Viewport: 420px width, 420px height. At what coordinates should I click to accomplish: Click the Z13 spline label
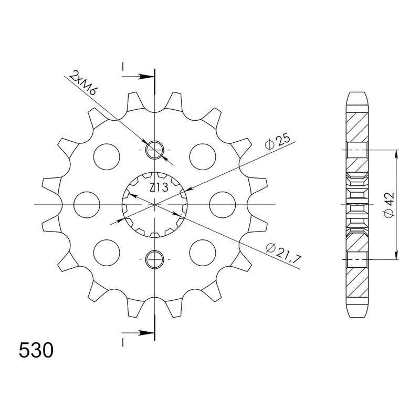(x=159, y=187)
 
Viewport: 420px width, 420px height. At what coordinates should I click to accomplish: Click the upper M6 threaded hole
(x=154, y=150)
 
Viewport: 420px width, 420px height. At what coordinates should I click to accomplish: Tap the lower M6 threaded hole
(x=154, y=259)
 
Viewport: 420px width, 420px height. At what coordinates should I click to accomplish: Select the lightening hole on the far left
(x=87, y=205)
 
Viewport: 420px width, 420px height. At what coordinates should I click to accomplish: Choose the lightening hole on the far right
(x=222, y=205)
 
